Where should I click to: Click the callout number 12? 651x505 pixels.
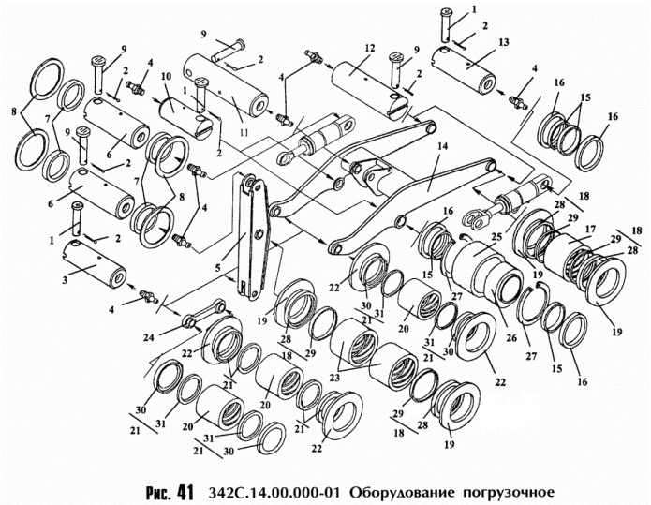tap(370, 48)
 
